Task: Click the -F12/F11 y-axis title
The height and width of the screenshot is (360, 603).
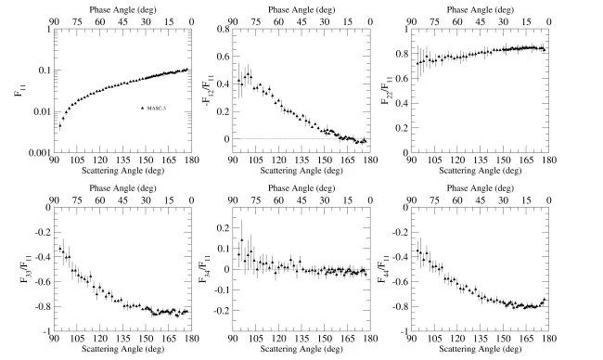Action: pyautogui.click(x=201, y=91)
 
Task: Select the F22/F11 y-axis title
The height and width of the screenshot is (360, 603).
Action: pyautogui.click(x=386, y=91)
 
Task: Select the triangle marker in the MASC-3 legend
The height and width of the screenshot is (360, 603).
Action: pyautogui.click(x=142, y=109)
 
